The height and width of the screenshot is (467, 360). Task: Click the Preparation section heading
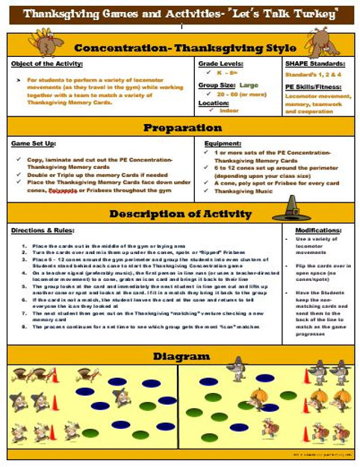[x=179, y=127]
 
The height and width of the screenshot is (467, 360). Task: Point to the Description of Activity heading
[x=179, y=214]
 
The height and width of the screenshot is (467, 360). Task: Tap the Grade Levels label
[x=219, y=65]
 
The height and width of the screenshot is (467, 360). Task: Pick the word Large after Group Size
[x=249, y=85]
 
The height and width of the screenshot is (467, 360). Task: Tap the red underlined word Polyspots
[x=63, y=190]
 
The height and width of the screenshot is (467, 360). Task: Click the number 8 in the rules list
[x=24, y=326]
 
